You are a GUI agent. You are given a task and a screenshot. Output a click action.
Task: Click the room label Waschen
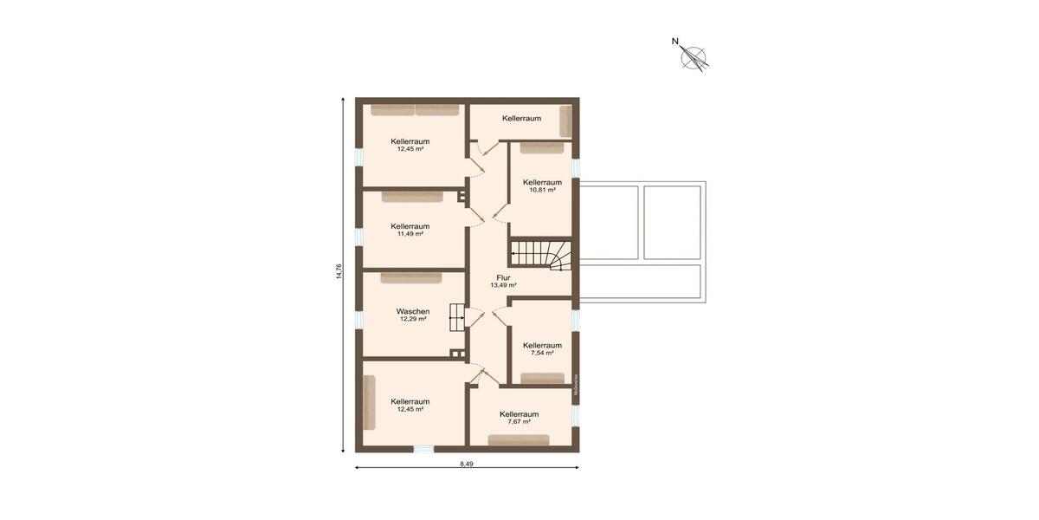click(413, 311)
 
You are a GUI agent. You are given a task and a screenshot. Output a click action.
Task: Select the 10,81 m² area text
click(542, 190)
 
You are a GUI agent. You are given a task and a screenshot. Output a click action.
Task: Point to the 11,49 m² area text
click(410, 234)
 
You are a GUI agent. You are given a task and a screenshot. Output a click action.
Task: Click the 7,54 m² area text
click(542, 353)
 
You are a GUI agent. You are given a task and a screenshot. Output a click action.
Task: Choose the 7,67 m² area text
click(519, 422)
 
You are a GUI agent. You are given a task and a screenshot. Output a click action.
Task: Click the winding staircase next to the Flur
click(540, 254)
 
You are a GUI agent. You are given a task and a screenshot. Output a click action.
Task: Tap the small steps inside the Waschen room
click(457, 317)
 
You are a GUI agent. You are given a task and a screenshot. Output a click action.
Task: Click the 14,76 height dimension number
click(340, 272)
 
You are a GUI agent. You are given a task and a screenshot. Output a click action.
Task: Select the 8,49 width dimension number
click(467, 465)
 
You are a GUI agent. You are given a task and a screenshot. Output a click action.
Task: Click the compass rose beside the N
click(694, 58)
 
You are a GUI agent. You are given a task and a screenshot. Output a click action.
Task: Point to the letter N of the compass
click(675, 41)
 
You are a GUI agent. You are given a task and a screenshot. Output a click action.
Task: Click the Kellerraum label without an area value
click(521, 118)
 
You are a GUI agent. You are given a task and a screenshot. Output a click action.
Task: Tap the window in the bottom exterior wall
click(423, 448)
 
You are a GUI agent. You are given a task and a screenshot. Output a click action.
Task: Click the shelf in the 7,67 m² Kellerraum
click(519, 440)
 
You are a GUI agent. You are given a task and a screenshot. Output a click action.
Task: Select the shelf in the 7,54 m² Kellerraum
click(542, 378)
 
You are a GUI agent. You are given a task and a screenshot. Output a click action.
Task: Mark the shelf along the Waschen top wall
click(410, 278)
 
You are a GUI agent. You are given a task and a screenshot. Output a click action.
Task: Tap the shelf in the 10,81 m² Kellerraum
click(542, 148)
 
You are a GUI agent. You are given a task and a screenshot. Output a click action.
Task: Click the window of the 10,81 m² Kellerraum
click(576, 168)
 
